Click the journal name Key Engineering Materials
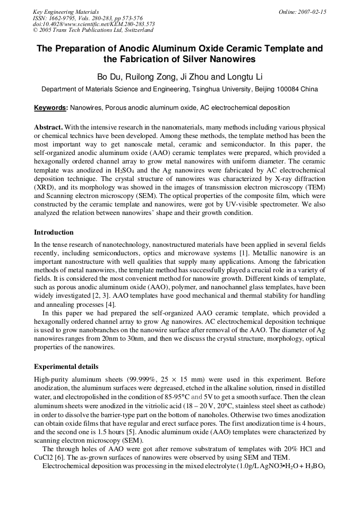click(x=65, y=12)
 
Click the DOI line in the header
click(x=94, y=24)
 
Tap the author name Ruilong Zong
click(x=150, y=77)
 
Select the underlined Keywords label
click(x=50, y=108)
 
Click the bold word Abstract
click(x=48, y=128)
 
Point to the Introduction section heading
click(x=54, y=232)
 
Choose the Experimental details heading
click(x=66, y=367)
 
